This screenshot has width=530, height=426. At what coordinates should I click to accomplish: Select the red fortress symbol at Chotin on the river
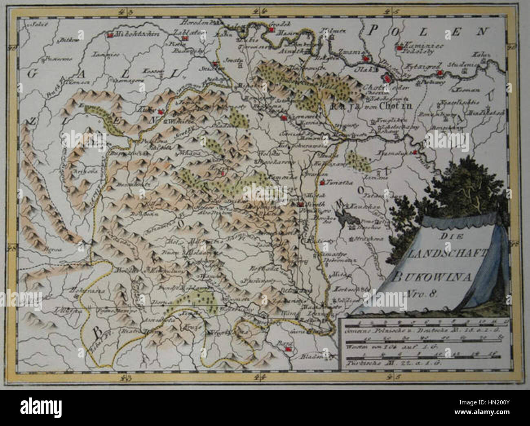point(385,77)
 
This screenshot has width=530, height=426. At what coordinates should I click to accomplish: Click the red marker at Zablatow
point(185,38)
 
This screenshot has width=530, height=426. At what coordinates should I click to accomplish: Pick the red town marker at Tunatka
point(322,183)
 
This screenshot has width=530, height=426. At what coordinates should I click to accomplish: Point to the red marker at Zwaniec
point(367,59)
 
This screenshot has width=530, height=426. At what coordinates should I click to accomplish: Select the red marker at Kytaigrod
point(439,73)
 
